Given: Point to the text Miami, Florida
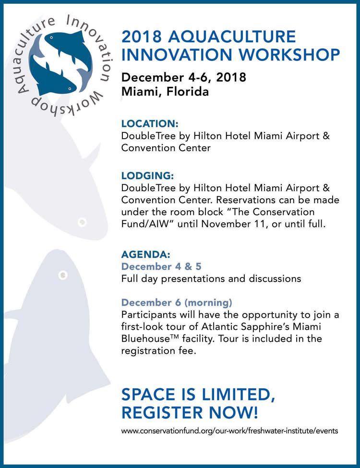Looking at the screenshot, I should point(165,91).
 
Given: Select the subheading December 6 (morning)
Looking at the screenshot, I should point(177,303).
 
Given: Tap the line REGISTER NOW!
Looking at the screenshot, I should point(190,411).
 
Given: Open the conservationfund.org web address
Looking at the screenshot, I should point(229,431).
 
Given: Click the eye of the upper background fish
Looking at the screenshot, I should point(82,221).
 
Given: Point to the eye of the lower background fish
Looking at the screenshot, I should point(62,275).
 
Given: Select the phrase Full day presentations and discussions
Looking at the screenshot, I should point(211,278).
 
